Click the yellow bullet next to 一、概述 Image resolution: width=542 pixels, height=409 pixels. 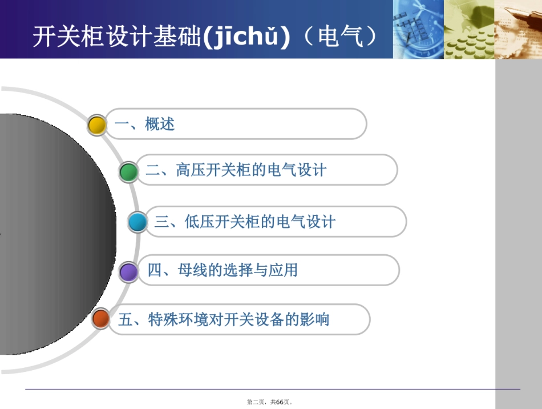(98, 125)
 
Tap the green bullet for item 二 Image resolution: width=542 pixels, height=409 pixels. (128, 171)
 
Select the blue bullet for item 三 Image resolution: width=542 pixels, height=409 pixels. (137, 222)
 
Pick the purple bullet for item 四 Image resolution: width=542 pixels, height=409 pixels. (129, 271)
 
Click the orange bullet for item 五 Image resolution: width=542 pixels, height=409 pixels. (101, 319)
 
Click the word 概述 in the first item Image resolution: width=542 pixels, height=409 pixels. (160, 124)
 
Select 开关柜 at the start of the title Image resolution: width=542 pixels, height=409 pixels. (62, 37)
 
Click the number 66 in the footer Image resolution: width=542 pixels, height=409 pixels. (280, 402)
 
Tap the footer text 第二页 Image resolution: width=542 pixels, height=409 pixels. (256, 402)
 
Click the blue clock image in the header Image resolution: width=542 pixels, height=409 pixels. (418, 29)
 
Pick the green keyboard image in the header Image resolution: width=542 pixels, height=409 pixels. (468, 29)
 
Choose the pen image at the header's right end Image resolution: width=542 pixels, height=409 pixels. (517, 29)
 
